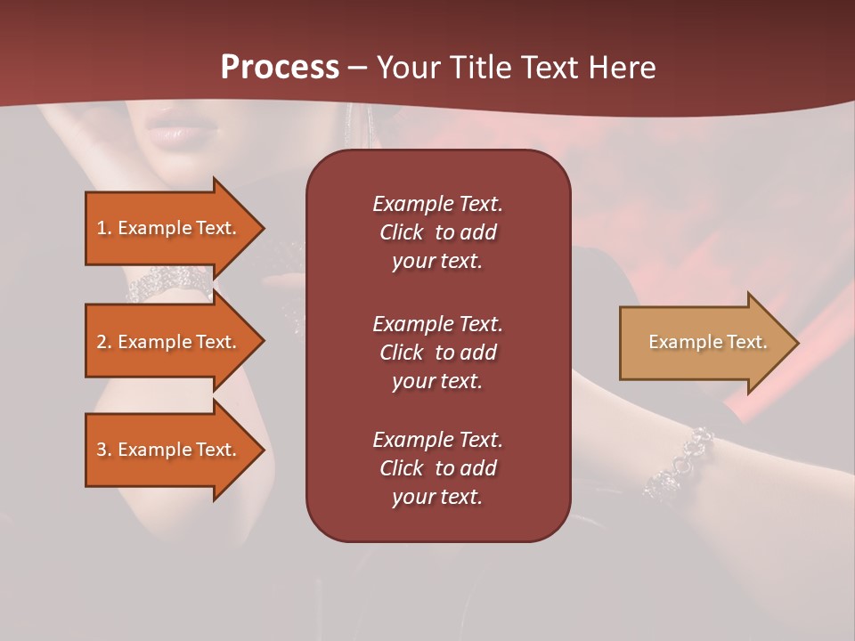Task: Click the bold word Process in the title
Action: [280, 68]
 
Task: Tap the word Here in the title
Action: [621, 68]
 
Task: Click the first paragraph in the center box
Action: [437, 232]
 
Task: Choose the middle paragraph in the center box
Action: [437, 353]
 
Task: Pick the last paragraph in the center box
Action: [437, 468]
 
